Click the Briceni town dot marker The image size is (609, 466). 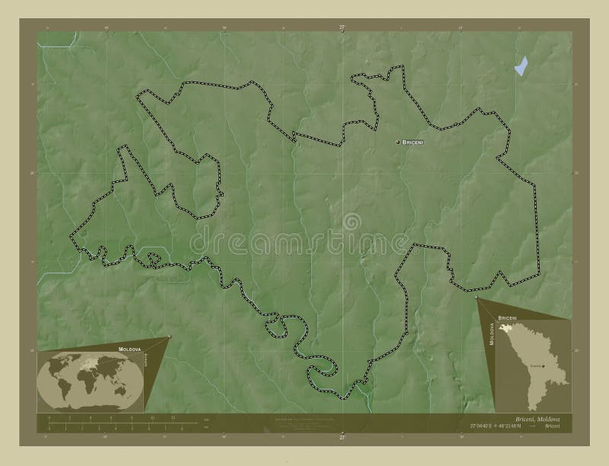click(x=397, y=142)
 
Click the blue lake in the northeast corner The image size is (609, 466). click(x=521, y=66)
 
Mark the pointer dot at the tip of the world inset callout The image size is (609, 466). click(x=169, y=337)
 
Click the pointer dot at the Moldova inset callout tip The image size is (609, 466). click(x=477, y=298)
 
